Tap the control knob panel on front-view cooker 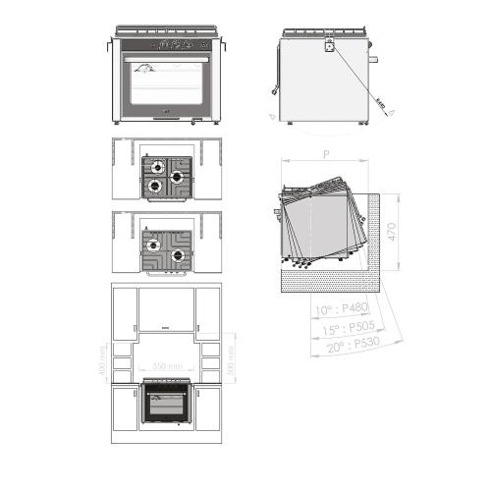[x=166, y=44]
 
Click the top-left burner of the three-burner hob [x=155, y=166]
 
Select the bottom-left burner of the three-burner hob [x=154, y=184]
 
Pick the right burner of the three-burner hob [x=178, y=177]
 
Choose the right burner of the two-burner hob [x=178, y=255]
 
